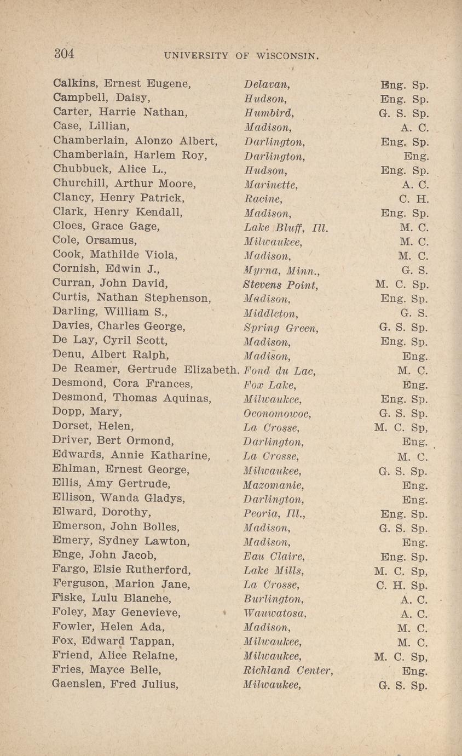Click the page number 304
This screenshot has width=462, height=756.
64,54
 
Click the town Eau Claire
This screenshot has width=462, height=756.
272,557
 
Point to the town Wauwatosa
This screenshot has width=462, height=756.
275,614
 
